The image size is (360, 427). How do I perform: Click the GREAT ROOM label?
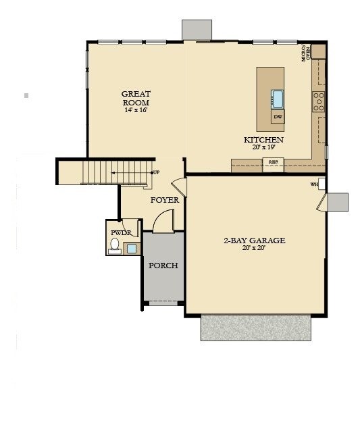[136, 98]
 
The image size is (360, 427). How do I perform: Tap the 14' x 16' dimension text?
[136, 109]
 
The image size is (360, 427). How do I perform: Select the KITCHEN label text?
[263, 140]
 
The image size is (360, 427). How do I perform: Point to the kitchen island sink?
[278, 99]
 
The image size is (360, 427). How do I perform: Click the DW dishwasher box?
[278, 117]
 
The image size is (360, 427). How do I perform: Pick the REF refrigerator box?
[274, 162]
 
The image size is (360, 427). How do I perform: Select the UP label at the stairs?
[156, 172]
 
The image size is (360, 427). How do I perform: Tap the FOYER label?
[164, 200]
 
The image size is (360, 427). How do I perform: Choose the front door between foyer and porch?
[163, 220]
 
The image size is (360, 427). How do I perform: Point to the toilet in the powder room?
[115, 245]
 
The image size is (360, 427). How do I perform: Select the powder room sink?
[132, 248]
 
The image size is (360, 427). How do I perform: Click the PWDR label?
[121, 232]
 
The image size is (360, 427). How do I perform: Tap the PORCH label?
[163, 266]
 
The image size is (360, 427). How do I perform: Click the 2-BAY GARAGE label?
[255, 240]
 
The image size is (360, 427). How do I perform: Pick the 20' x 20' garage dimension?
[255, 248]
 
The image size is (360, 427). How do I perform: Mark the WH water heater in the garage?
[315, 184]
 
